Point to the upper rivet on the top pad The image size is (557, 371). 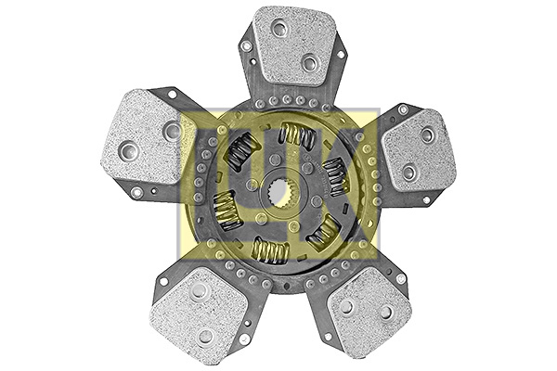coord(278,29)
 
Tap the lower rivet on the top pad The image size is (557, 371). coord(310,63)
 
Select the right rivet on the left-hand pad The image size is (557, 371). coord(172,130)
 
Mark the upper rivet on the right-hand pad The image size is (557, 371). coord(427,134)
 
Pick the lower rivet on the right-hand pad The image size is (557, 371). coord(408,172)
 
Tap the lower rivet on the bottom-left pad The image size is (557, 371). coord(204,336)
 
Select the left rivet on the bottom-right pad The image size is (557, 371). coord(346,306)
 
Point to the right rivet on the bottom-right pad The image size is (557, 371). coord(387,312)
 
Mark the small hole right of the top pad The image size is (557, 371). coord(341,54)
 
